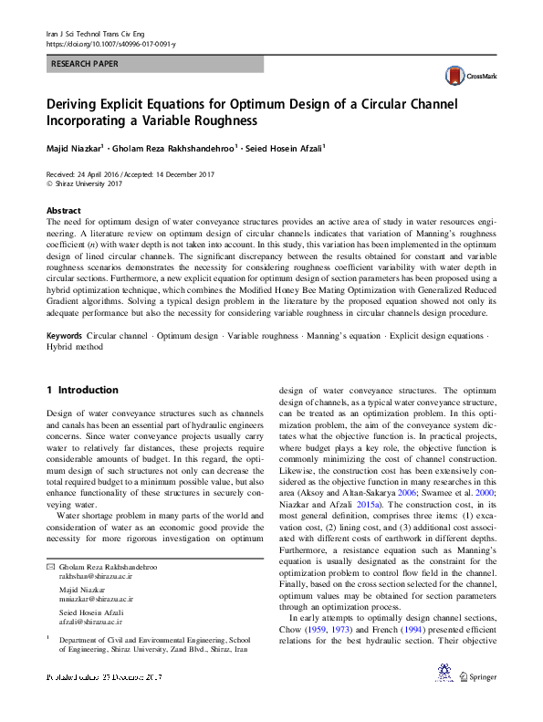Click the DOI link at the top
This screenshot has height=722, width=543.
[x=110, y=43]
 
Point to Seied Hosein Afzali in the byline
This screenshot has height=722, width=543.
[x=284, y=147]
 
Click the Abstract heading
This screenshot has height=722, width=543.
[x=63, y=209]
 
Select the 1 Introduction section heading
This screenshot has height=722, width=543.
[x=82, y=390]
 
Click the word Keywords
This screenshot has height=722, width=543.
[x=64, y=337]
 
